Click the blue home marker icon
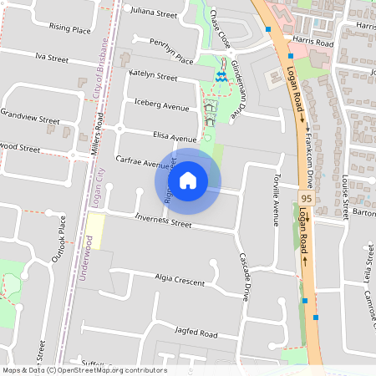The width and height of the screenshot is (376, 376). point(188,180)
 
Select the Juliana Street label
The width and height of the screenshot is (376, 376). point(155,14)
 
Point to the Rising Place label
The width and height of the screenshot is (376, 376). point(70,28)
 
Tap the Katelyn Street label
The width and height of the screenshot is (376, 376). point(153,76)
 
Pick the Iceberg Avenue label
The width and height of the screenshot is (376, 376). point(162,106)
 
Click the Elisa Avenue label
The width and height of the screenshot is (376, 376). point(175,136)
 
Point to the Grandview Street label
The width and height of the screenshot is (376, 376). point(30,114)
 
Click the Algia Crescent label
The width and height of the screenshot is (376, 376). point(180,281)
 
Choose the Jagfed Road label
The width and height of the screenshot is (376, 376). point(197,333)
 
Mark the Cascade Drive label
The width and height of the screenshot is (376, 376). point(244,277)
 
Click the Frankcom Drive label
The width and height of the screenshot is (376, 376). point(308,159)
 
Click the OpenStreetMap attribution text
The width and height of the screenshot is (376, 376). point(84,370)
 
